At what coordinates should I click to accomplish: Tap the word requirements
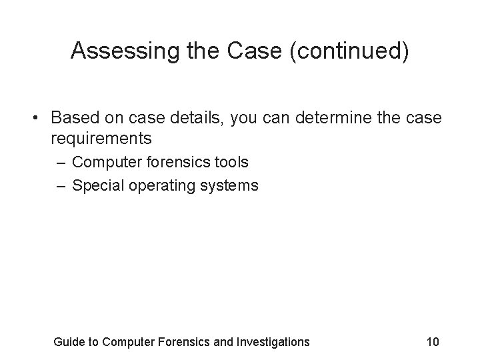pos(101,139)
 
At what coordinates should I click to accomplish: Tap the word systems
pos(229,185)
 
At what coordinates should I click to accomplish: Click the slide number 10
pos(432,342)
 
